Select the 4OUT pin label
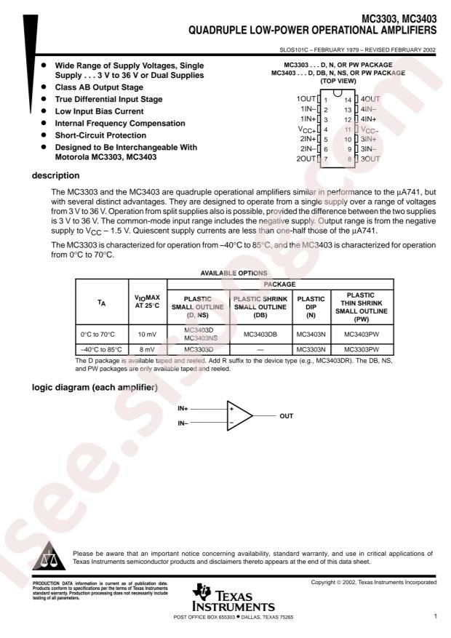tap(371, 98)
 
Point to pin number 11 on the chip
tap(348, 129)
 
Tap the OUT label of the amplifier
tap(287, 416)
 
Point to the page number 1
tap(435, 617)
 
